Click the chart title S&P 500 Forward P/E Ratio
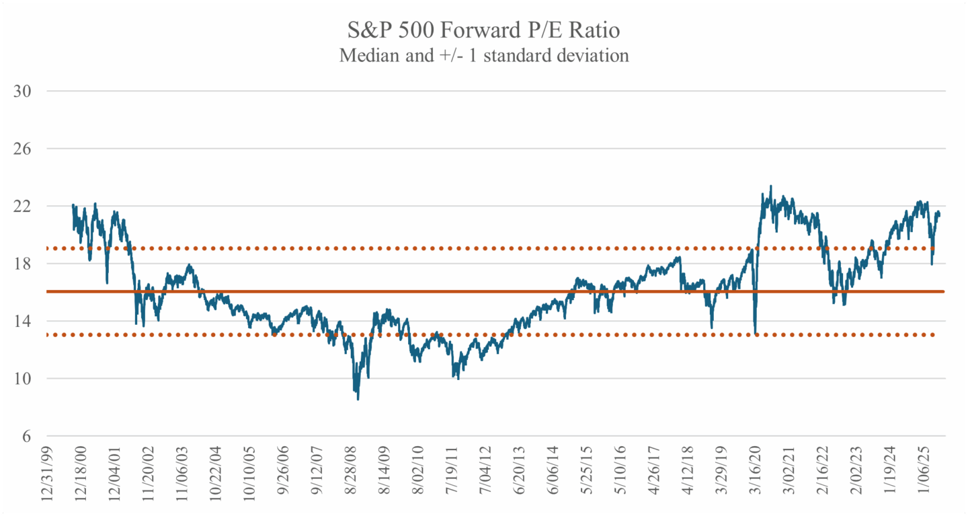(484, 31)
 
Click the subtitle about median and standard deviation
(484, 55)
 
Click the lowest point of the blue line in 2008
(358, 400)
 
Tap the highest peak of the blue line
(770, 186)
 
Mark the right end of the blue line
(939, 215)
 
